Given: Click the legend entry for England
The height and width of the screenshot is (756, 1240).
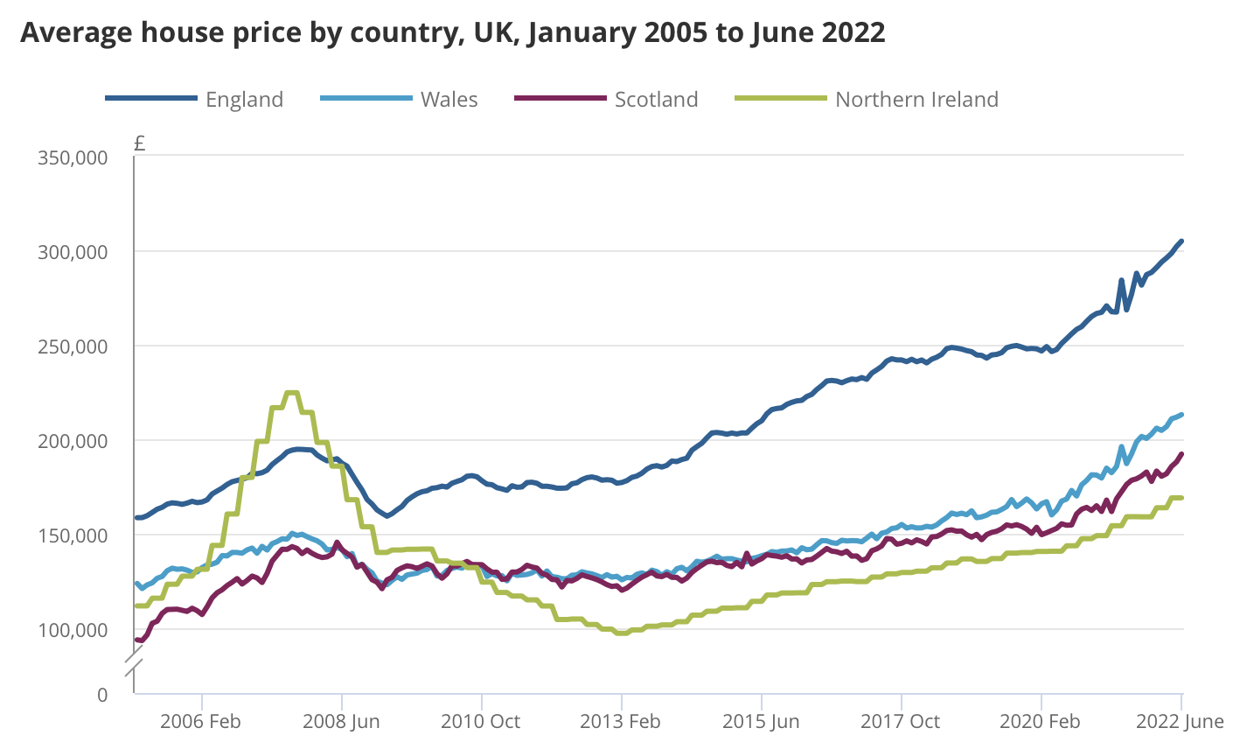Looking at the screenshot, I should click(x=244, y=100).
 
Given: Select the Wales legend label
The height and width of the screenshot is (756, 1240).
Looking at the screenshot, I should click(x=449, y=100).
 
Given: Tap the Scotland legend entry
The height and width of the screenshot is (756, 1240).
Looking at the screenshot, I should click(x=656, y=100).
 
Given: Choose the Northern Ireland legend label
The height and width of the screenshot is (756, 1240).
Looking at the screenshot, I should click(x=916, y=100).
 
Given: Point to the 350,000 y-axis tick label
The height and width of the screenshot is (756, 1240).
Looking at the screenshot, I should click(x=73, y=157).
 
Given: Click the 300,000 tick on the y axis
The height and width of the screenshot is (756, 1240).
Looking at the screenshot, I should click(x=73, y=252).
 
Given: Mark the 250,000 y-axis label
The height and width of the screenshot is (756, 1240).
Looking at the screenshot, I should click(x=73, y=346).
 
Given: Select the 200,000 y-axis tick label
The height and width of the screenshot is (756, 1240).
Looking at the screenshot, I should click(x=73, y=440).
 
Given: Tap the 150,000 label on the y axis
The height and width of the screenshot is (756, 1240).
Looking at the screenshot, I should click(x=73, y=535).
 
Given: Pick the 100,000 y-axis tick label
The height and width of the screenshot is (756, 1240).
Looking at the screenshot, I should click(x=73, y=629).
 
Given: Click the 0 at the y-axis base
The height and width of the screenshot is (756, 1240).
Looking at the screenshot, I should click(x=102, y=695).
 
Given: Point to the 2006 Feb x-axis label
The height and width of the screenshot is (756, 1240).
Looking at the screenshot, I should click(x=201, y=722).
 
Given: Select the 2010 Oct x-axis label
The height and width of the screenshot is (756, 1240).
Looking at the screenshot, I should click(x=480, y=722).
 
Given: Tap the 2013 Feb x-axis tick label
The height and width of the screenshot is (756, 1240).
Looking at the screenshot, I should click(x=620, y=722).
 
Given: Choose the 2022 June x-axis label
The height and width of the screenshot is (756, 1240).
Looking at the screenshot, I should click(x=1179, y=722).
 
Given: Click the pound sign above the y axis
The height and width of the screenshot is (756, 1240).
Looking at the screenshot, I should click(x=140, y=143).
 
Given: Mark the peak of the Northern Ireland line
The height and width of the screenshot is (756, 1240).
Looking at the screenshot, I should click(x=292, y=393).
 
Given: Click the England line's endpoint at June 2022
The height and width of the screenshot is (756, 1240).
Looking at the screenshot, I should click(x=1181, y=241).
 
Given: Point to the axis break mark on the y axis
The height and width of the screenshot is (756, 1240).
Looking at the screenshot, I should click(x=134, y=662).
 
